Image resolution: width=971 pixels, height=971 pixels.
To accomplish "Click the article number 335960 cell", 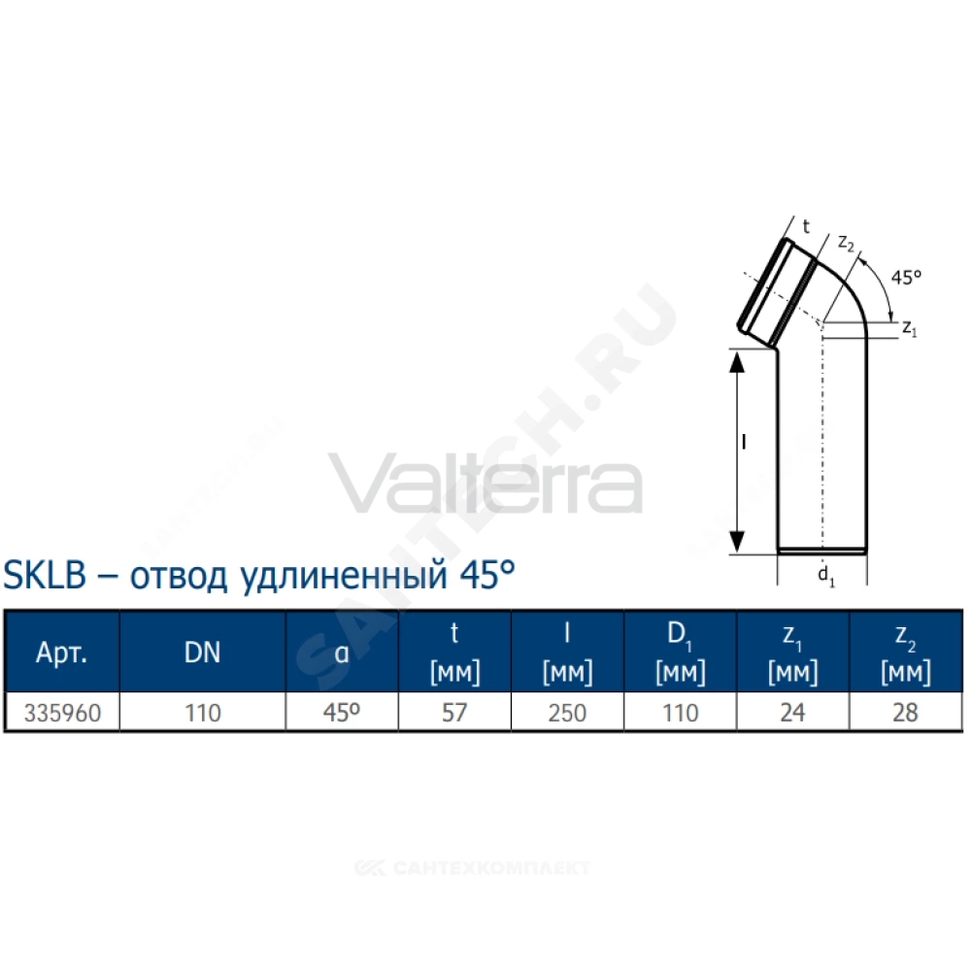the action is tap(62, 713).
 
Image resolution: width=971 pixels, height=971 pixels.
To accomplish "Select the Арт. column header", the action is tap(61, 653).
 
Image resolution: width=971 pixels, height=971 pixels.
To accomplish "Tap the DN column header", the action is tap(203, 653).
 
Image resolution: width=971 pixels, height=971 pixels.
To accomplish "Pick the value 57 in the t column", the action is tap(454, 713).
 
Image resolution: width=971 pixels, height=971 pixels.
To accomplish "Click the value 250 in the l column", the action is tap(567, 713).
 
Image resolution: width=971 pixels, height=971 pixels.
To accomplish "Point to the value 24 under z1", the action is tap(792, 713).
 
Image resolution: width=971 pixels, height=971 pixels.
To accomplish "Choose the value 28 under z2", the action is tap(905, 713).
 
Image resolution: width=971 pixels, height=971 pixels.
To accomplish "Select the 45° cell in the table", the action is tap(341, 713).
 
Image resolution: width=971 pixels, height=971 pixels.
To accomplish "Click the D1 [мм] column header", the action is tap(680, 653).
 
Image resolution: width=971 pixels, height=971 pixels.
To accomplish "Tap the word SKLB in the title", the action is tap(45, 575).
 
